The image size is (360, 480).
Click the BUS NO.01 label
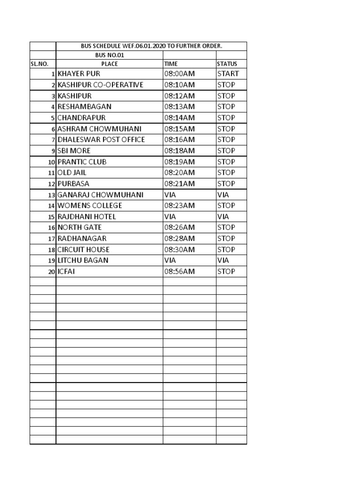pyautogui.click(x=109, y=55)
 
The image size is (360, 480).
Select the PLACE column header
pyautogui.click(x=109, y=64)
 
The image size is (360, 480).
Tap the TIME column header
pyautogui.click(x=171, y=64)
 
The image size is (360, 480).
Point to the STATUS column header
pyautogui.click(x=227, y=64)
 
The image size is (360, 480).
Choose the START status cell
pyautogui.click(x=228, y=74)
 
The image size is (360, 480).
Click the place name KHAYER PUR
pyautogui.click(x=79, y=74)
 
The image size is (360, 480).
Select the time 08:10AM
pyautogui.click(x=179, y=85)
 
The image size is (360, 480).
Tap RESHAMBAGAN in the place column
pyautogui.click(x=84, y=106)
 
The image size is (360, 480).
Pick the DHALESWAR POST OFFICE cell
pyautogui.click(x=101, y=140)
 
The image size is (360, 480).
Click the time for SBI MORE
pyautogui.click(x=179, y=151)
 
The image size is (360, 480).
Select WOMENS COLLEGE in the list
pyautogui.click(x=90, y=206)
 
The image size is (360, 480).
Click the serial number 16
pyautogui.click(x=51, y=228)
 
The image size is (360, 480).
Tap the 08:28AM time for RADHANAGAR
pyautogui.click(x=179, y=239)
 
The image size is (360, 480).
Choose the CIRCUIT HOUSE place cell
pyautogui.click(x=83, y=249)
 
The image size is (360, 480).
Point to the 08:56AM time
pyautogui.click(x=179, y=271)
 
